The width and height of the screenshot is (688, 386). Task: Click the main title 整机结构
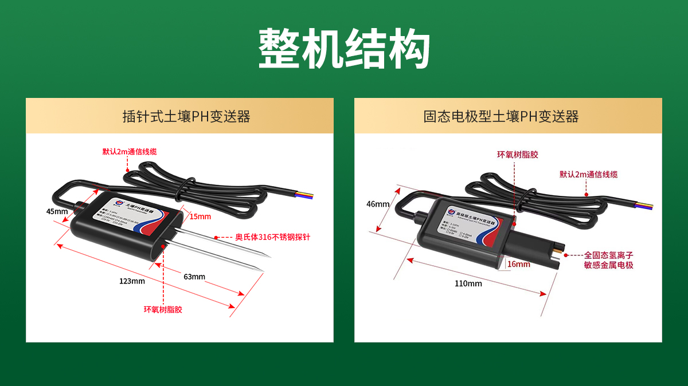[344, 49]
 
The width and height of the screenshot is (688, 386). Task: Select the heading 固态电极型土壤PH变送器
[501, 117]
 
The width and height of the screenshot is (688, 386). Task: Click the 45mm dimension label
[57, 211]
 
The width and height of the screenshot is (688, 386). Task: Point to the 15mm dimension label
[200, 216]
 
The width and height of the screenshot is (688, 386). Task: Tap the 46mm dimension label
[378, 204]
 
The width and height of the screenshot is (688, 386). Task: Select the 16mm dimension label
[518, 264]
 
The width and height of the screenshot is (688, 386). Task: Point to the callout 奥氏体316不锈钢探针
[272, 237]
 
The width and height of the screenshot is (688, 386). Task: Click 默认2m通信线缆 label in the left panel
[130, 152]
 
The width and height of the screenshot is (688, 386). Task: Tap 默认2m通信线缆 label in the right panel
[589, 175]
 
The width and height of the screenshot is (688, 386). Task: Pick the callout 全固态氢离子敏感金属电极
[608, 260]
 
